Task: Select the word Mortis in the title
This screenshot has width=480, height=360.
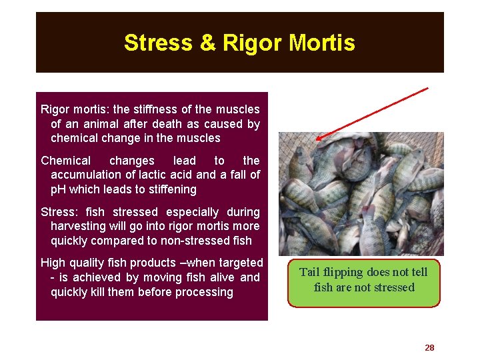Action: tap(323, 43)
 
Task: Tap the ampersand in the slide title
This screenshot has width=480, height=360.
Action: tap(208, 43)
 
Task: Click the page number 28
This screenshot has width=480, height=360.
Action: tap(429, 348)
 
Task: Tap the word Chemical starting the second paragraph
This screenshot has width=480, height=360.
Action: tap(66, 161)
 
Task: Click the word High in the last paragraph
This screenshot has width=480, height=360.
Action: tap(53, 263)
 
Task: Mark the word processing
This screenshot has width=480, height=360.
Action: tap(207, 293)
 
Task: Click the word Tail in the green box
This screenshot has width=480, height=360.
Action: tap(311, 272)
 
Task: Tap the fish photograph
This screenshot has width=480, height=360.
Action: tap(361, 194)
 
